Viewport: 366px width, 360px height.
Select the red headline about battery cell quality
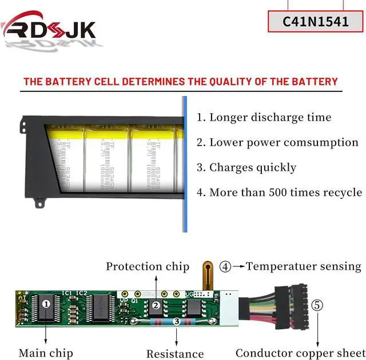click(x=180, y=82)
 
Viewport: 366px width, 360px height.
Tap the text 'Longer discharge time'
click(x=264, y=118)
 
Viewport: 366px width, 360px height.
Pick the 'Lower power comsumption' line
click(x=278, y=143)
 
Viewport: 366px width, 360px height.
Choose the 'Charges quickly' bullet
click(x=246, y=167)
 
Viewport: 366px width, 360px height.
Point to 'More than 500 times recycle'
click(x=280, y=192)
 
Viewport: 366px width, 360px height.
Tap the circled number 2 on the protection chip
click(x=156, y=306)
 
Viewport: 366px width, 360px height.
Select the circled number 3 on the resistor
click(x=177, y=322)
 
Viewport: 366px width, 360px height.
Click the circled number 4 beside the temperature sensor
click(x=226, y=266)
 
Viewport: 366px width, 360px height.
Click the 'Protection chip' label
click(x=148, y=267)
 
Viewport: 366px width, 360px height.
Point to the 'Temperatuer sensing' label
click(x=304, y=266)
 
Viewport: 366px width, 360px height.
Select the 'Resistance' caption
click(x=175, y=354)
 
